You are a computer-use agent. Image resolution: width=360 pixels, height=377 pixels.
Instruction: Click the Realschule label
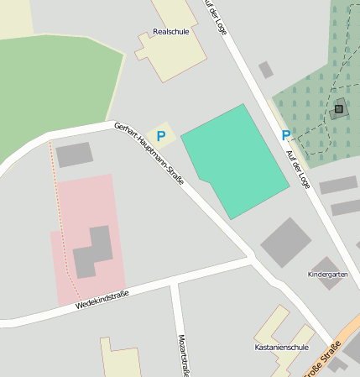[170, 32]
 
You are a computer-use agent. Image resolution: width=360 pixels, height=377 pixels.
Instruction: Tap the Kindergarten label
[327, 275]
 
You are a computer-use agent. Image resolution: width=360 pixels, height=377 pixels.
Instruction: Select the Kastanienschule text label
[282, 347]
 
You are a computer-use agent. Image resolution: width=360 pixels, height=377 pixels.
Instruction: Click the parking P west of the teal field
[161, 134]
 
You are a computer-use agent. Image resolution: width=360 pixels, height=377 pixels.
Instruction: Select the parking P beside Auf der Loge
[286, 135]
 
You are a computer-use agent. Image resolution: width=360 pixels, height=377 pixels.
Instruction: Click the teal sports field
[236, 160]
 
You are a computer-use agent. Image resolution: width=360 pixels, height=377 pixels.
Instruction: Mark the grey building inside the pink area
[93, 252]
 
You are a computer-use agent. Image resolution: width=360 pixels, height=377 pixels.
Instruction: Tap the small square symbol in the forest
[339, 108]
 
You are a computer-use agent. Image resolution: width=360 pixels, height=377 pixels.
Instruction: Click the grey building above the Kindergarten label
[326, 263]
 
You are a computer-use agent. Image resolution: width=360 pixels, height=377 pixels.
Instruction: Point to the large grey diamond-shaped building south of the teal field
[286, 243]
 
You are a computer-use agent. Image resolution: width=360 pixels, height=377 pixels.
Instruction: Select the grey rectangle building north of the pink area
[75, 154]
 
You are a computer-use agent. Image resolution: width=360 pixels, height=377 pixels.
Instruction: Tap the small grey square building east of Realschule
[266, 70]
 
